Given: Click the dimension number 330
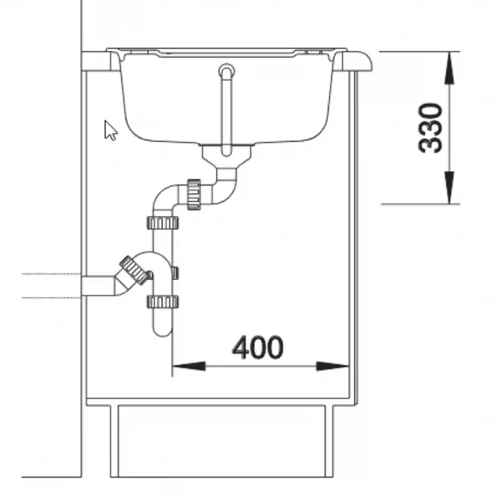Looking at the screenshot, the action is pos(430,128).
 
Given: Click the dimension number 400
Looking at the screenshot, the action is pos(257,347).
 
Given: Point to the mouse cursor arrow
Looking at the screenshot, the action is pos(110,130).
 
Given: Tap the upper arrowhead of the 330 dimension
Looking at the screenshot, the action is pos(449,68).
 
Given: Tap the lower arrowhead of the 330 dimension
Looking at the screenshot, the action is pos(449,187).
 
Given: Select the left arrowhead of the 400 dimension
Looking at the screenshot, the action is pos(189,367).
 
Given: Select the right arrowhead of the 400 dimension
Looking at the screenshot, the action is pos(332,367).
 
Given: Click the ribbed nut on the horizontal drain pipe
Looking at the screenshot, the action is pos(194,195).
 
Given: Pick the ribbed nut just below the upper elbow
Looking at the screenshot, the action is pos(163,223).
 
